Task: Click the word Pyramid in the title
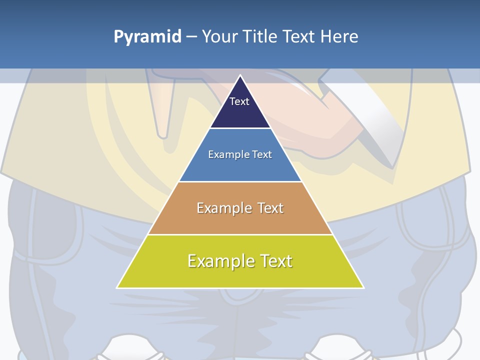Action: [147, 37]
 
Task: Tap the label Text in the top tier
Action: [239, 101]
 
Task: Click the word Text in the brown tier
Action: [270, 208]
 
